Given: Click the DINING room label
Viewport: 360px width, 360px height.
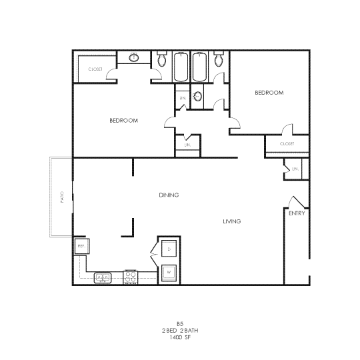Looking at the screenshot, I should (169, 195).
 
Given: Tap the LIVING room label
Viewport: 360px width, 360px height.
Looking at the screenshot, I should (231, 221).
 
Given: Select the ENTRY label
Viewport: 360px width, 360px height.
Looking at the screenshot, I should (297, 214).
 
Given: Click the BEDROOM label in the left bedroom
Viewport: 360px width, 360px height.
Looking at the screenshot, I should (123, 121).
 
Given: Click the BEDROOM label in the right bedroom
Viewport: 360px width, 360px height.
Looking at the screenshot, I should (269, 93).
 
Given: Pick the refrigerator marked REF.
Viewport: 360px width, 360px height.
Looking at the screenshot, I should (81, 247).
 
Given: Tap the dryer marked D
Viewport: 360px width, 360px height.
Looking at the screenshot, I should (169, 249).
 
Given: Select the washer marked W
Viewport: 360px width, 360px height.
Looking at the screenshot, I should (169, 272).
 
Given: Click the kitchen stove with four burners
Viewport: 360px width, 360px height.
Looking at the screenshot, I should (130, 277).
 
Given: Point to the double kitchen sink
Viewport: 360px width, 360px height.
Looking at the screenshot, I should (103, 277).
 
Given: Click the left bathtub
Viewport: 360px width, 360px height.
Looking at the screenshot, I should (181, 67).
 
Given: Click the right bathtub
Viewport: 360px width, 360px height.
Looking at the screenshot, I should (200, 67).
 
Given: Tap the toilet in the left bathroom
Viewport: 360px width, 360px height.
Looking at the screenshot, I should (161, 61).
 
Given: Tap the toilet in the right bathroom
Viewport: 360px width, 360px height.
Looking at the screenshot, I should (219, 61).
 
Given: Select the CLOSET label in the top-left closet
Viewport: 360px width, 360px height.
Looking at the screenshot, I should (95, 68).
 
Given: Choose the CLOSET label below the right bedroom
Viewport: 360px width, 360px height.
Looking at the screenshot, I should (287, 144).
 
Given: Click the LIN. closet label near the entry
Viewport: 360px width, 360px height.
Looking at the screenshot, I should (294, 169).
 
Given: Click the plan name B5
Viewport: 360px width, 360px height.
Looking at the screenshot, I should (180, 323).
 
